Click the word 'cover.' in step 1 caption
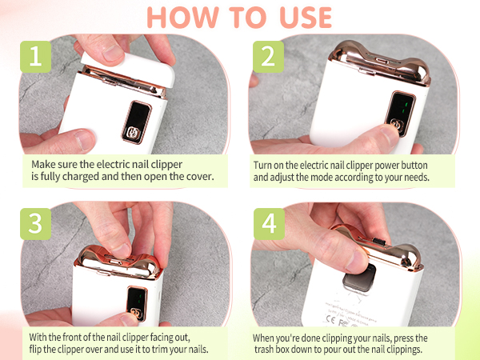(198, 176)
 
